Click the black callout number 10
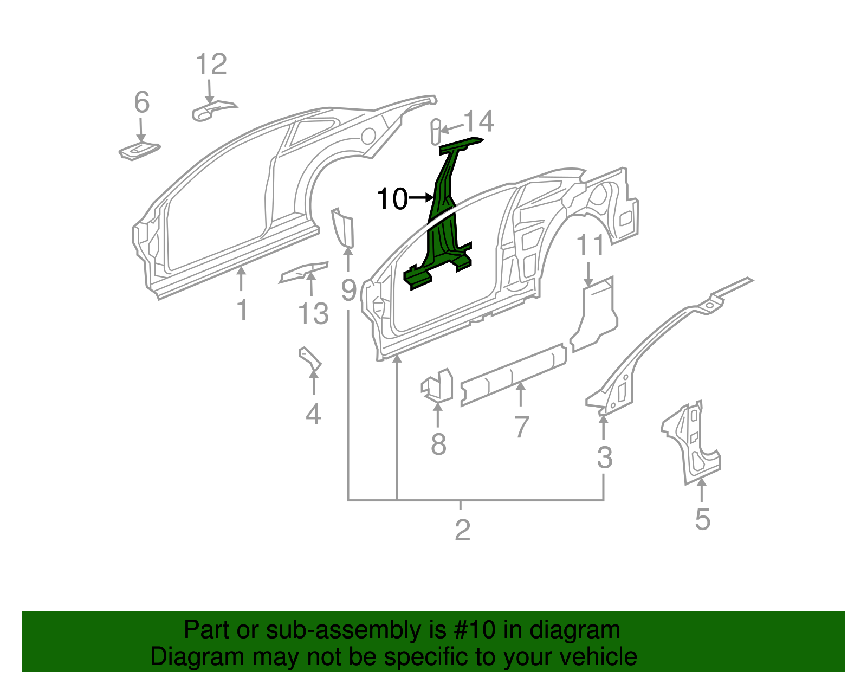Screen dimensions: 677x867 coord(392,199)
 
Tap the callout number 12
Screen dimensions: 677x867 coord(211,65)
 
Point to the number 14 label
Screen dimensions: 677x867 coord(479,121)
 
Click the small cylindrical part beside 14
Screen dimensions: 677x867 coord(435,131)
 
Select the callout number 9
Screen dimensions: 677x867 coord(348,291)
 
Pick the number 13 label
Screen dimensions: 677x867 coord(313,314)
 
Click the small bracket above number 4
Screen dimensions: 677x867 coord(310,359)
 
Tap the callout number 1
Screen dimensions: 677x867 coord(242,310)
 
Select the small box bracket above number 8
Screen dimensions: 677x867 coord(438,385)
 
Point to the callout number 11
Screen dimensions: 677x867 coord(590,245)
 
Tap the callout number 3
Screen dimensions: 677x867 coord(604,457)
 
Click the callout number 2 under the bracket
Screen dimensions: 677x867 coord(462,530)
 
